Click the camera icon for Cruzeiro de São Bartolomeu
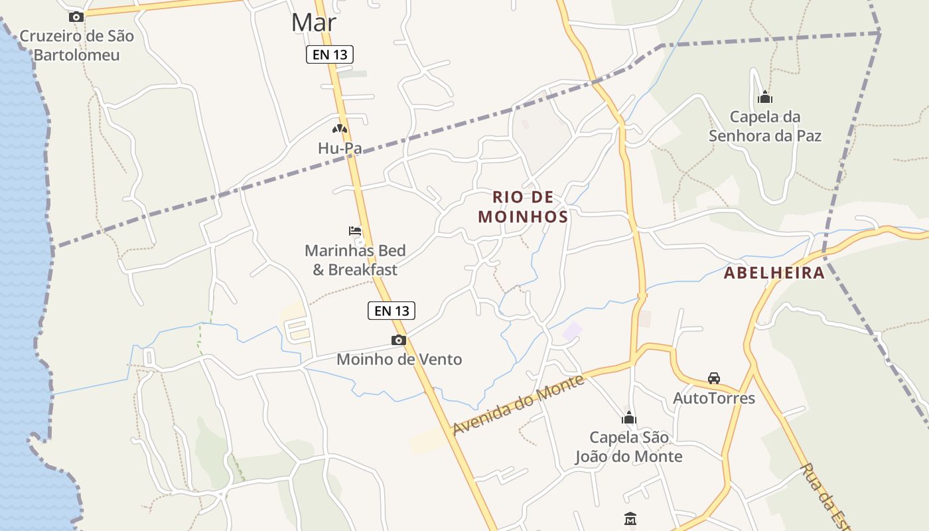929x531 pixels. click(76, 17)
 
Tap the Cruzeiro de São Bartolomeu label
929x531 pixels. click(76, 45)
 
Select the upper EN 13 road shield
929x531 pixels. click(330, 54)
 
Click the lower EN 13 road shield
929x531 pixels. click(392, 310)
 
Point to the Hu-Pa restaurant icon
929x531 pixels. click(340, 129)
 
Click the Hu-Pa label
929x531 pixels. click(340, 148)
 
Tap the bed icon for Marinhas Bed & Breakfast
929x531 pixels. click(355, 231)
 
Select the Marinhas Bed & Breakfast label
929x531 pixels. click(355, 260)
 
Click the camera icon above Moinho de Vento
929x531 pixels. click(398, 341)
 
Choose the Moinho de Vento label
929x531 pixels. click(399, 359)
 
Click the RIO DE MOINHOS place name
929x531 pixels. click(523, 206)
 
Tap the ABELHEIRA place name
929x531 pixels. click(774, 273)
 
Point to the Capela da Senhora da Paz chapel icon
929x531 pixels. click(765, 98)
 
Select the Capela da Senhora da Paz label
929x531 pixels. click(765, 126)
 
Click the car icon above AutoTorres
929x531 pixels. click(714, 378)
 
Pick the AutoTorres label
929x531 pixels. click(714, 398)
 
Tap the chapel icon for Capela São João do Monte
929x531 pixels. click(628, 418)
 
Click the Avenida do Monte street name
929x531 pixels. click(518, 405)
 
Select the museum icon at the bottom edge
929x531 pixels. click(630, 518)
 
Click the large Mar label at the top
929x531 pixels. click(314, 23)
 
